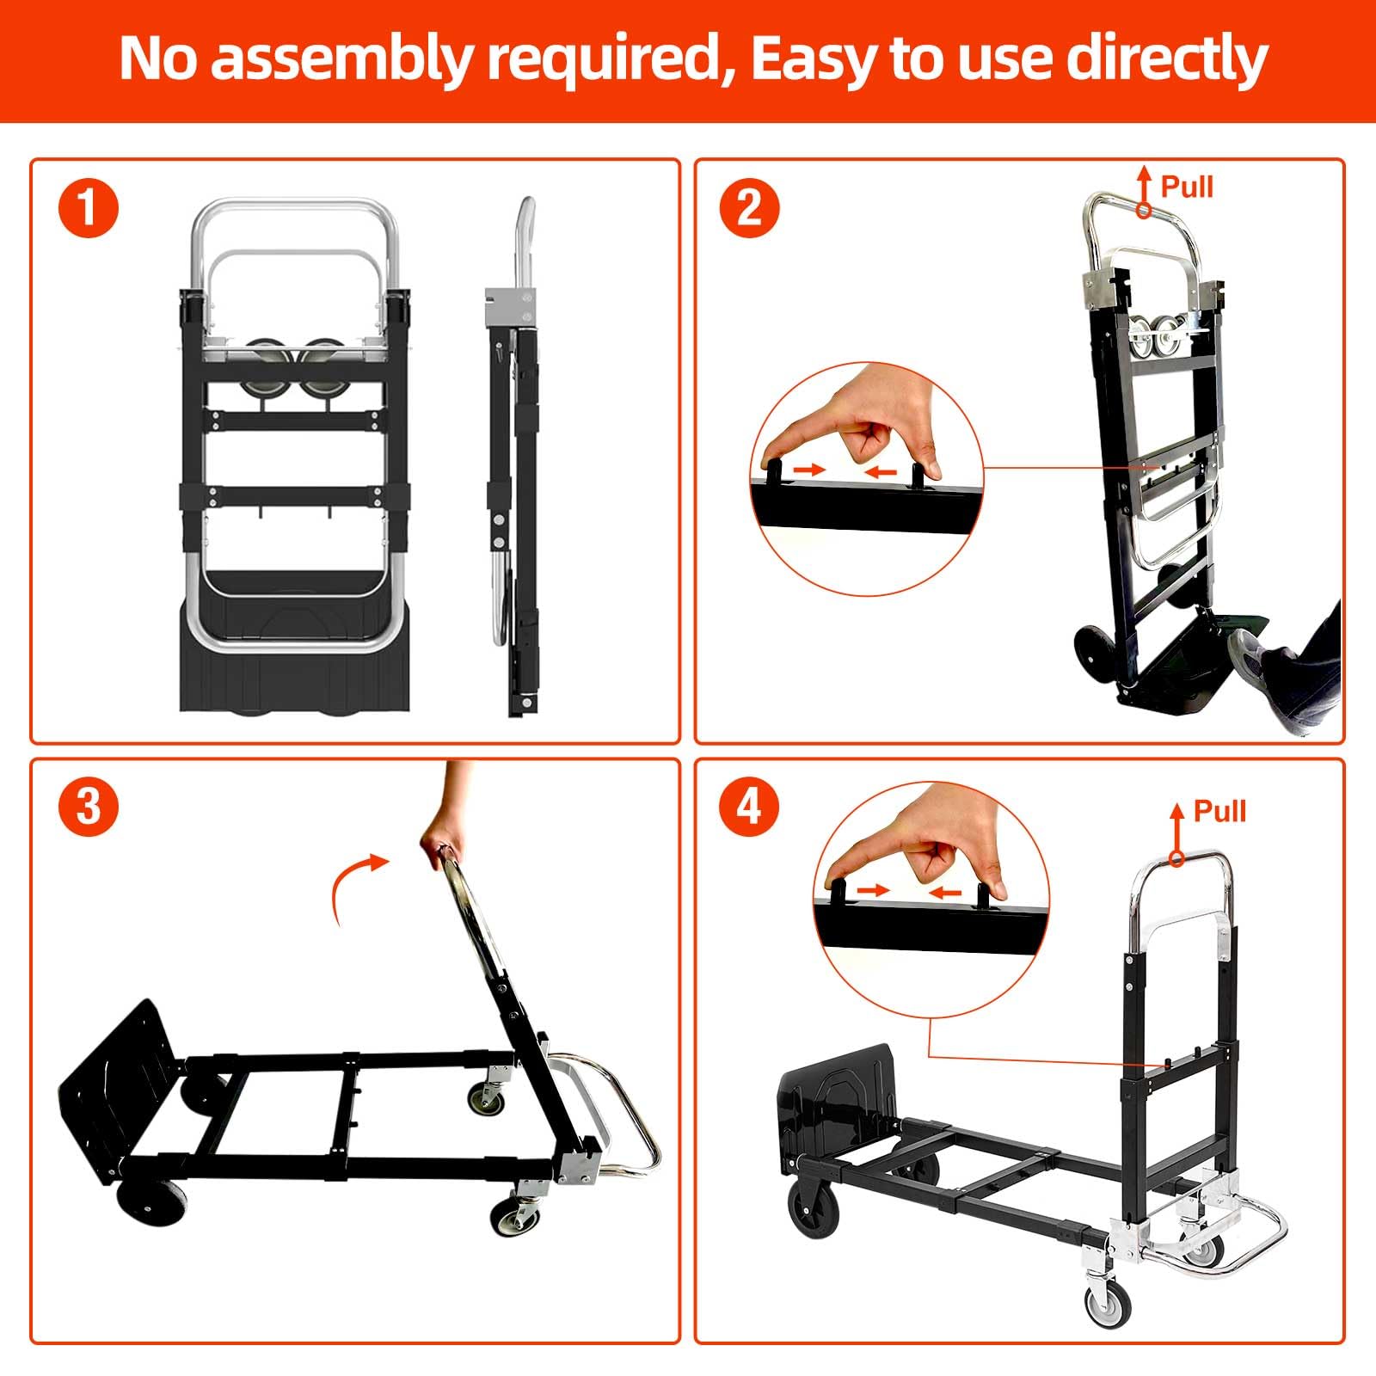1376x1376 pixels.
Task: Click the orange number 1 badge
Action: [89, 208]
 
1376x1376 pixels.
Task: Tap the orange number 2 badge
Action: [750, 208]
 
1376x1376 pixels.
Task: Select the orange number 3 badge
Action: [89, 807]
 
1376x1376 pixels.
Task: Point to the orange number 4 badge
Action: [750, 807]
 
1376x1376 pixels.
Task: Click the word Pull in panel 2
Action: [1187, 187]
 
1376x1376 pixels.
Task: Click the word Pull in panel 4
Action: [1219, 811]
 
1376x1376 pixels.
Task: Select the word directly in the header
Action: [1166, 59]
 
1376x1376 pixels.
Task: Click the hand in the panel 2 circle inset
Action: [869, 429]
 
